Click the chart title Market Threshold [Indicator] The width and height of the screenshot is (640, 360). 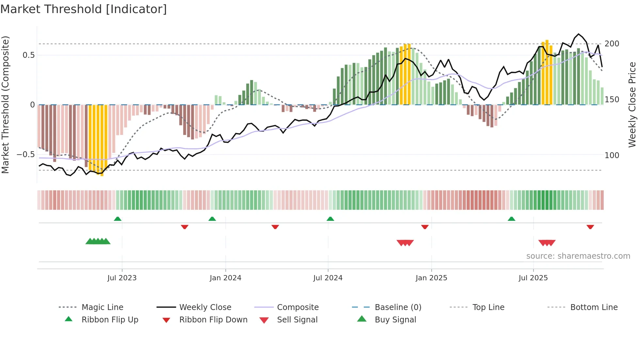pos(84,9)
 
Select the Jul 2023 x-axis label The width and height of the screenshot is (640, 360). pos(122,278)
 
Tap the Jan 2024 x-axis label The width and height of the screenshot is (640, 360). pos(225,278)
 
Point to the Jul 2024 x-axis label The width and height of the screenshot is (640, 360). pos(328,278)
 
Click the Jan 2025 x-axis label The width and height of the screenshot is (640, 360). pos(431,278)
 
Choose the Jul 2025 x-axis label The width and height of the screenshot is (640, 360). pos(533,278)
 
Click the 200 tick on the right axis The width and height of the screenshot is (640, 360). pos(612,44)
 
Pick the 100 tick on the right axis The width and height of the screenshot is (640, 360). pos(612,155)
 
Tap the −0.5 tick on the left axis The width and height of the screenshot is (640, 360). pos(26,155)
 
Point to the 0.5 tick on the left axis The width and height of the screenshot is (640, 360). pos(29,55)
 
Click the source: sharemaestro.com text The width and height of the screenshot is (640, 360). pos(578,256)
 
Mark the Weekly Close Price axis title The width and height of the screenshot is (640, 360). pos(632,105)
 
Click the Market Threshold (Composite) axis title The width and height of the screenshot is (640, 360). pos(5,105)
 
